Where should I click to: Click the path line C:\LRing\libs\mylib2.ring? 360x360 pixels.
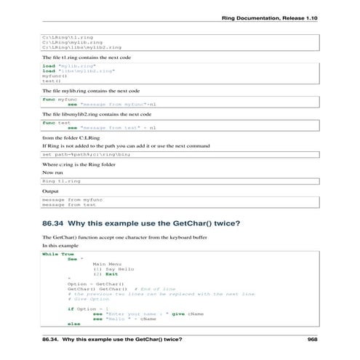click(x=81, y=47)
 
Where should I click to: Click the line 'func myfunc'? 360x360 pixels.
click(x=59, y=99)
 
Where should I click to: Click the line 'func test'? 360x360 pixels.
click(x=55, y=123)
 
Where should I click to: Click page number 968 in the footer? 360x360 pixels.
click(x=313, y=339)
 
